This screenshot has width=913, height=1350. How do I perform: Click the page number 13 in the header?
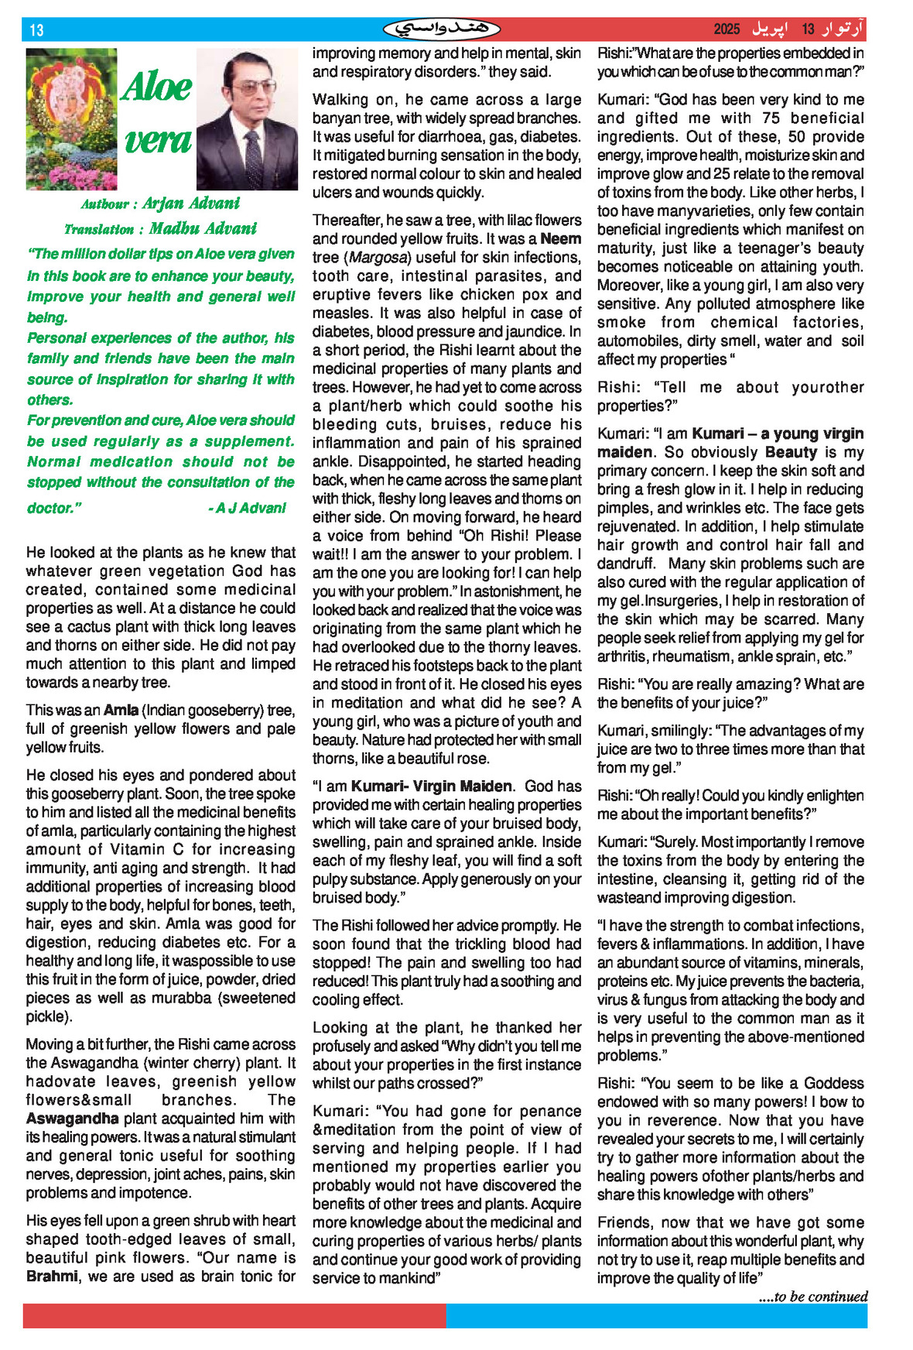[x=36, y=30]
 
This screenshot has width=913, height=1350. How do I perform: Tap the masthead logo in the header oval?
[x=442, y=29]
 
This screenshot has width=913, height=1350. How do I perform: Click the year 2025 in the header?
[x=727, y=29]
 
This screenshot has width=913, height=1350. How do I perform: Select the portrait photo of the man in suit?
[x=247, y=119]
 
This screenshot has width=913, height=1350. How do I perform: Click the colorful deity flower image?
[x=71, y=119]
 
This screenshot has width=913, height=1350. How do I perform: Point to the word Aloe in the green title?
[x=156, y=87]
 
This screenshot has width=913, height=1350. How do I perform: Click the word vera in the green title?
[x=158, y=140]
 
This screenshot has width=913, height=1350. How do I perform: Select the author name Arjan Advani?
[x=191, y=204]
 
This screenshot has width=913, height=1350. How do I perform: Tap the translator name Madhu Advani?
[x=203, y=228]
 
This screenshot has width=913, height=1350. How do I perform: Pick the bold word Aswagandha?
[x=72, y=1119]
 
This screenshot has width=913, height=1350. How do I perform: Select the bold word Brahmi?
[x=52, y=1276]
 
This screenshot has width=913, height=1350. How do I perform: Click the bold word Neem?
[x=561, y=238]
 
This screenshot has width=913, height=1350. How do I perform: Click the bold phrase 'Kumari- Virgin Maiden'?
[x=431, y=786]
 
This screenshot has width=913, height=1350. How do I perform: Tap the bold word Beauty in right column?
[x=791, y=452]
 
